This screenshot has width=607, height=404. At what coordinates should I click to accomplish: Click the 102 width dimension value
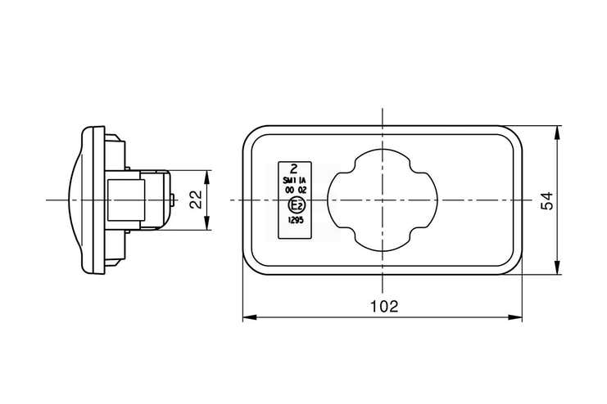[x=384, y=306]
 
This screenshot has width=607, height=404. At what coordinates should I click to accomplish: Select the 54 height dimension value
[x=546, y=200]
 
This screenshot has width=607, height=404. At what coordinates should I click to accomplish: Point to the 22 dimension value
[x=197, y=200]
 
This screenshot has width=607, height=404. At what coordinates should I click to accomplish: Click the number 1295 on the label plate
[x=296, y=220]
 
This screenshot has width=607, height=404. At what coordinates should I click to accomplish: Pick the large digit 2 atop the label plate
[x=294, y=168]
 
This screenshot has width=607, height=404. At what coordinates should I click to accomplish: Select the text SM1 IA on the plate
[x=295, y=180]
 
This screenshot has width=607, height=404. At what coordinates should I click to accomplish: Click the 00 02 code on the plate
[x=296, y=190]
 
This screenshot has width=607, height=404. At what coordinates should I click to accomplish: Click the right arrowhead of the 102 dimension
[x=515, y=317]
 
